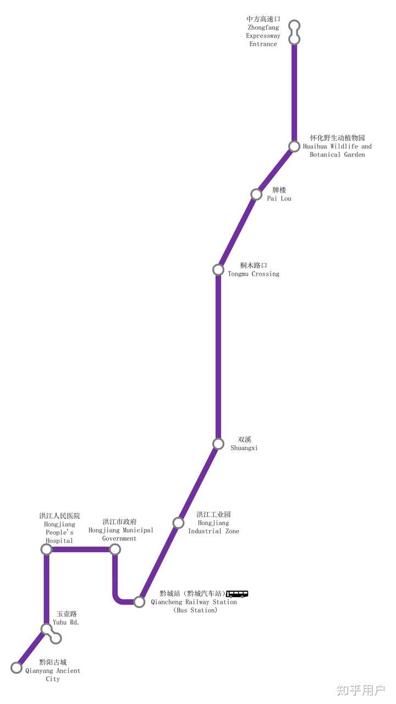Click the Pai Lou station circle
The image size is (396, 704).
pos(256,194)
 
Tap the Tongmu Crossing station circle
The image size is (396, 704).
pos(218,270)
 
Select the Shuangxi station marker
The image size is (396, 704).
pos(218,444)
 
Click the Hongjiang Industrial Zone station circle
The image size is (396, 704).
pos(178,523)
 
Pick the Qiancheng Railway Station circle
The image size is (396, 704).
pos(139,602)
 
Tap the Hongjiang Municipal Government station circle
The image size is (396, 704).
pos(115,549)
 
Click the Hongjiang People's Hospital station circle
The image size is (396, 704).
pos(47,549)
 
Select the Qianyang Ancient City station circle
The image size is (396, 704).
pos(16,668)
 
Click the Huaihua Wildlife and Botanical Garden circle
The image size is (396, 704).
pos(294,146)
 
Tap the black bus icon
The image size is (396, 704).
pos(237,594)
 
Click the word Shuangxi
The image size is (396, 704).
pos(244,448)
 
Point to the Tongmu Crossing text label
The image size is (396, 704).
pos(254,274)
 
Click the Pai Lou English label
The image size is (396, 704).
pos(279,198)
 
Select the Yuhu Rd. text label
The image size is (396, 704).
pos(65,623)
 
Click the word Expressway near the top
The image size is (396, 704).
pos(263,36)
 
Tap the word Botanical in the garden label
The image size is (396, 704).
pos(325,154)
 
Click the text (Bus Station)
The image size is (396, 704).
pos(195,610)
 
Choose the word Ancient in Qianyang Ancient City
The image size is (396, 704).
pos(67,670)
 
